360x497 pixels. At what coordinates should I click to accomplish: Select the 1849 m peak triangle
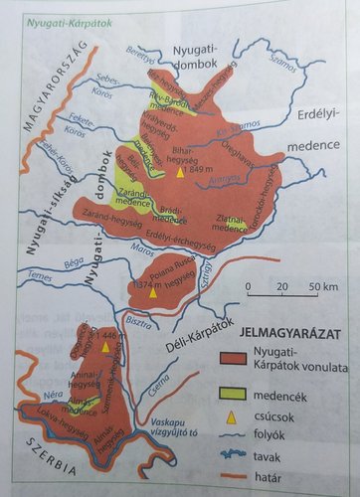coord(180,171)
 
